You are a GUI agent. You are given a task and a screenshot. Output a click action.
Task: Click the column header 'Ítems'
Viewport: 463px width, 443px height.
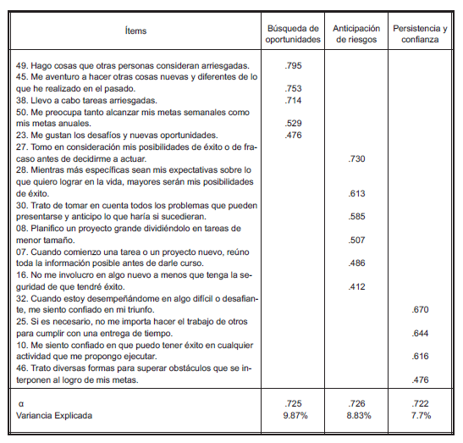(x=134, y=31)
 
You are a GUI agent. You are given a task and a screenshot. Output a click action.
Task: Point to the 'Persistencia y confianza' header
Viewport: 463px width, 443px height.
(x=422, y=31)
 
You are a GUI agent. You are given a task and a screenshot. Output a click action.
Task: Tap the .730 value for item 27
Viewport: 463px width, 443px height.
(x=356, y=158)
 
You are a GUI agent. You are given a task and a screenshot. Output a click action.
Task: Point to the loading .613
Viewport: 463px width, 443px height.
(x=356, y=193)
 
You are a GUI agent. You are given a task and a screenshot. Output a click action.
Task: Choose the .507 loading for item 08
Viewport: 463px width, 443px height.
(x=356, y=241)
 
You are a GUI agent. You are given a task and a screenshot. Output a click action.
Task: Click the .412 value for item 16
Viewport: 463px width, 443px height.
(x=356, y=288)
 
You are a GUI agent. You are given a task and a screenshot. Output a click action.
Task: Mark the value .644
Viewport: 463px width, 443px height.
(x=422, y=335)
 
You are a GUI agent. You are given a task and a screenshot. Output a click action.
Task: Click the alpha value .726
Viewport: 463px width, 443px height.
(x=356, y=403)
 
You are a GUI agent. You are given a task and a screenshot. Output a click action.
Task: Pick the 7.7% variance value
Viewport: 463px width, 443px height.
(x=422, y=415)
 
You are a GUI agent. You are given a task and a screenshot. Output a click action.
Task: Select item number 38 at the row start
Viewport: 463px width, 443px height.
(x=23, y=99)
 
